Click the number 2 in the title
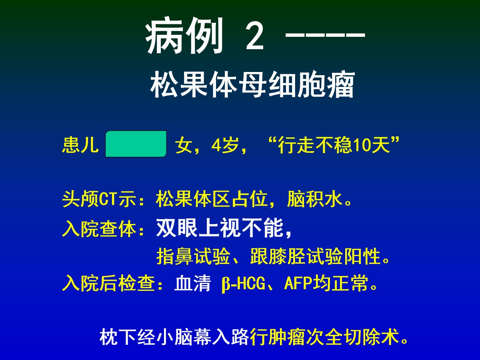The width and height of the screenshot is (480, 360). [x=254, y=36]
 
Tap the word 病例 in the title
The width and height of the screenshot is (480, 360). [x=184, y=36]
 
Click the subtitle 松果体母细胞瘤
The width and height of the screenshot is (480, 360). [x=252, y=84]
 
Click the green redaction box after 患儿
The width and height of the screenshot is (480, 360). [x=136, y=144]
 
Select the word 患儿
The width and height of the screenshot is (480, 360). [x=80, y=145]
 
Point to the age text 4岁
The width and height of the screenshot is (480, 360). [x=225, y=145]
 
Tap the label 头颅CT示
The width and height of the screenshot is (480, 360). [x=99, y=199]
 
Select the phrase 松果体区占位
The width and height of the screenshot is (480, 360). [x=212, y=199]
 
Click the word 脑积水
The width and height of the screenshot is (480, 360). [x=315, y=199]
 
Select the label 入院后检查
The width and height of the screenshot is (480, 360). [x=108, y=283]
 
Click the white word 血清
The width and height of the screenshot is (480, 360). [x=192, y=283]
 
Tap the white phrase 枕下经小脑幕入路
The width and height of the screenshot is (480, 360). [x=174, y=337]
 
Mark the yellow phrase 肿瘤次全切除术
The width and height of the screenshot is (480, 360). [x=324, y=337]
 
